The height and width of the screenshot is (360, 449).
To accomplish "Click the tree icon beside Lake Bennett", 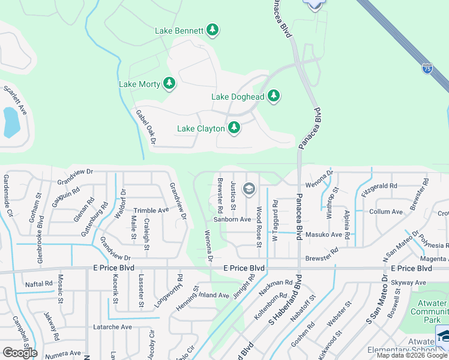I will (212, 29).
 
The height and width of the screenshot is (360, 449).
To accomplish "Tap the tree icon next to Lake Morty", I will (169, 83).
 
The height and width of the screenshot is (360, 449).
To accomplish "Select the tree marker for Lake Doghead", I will (274, 95).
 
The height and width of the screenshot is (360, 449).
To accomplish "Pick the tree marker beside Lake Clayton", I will (234, 127).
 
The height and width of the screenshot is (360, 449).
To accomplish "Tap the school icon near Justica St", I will (249, 190).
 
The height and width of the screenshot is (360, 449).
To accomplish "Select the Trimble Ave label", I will (151, 211).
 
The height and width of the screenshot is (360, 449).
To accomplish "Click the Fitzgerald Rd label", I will (379, 186).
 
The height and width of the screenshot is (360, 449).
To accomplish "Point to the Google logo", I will (20, 353).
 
